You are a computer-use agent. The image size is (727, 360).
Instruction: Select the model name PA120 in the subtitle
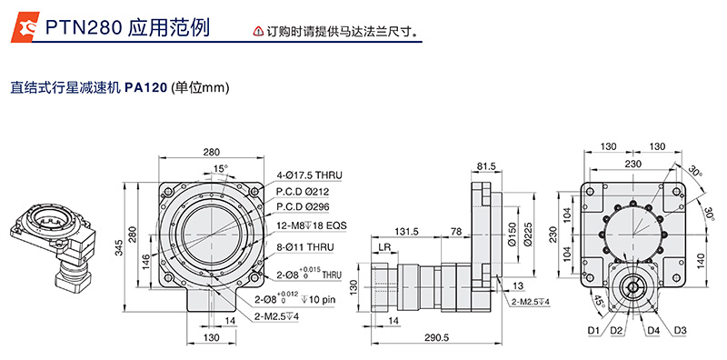click(x=145, y=88)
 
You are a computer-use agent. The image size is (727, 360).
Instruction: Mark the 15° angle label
click(x=220, y=169)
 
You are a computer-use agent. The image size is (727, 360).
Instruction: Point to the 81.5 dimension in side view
click(x=487, y=166)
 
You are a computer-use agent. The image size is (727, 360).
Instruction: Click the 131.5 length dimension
click(x=408, y=232)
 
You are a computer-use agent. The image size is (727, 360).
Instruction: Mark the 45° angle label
click(x=597, y=301)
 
